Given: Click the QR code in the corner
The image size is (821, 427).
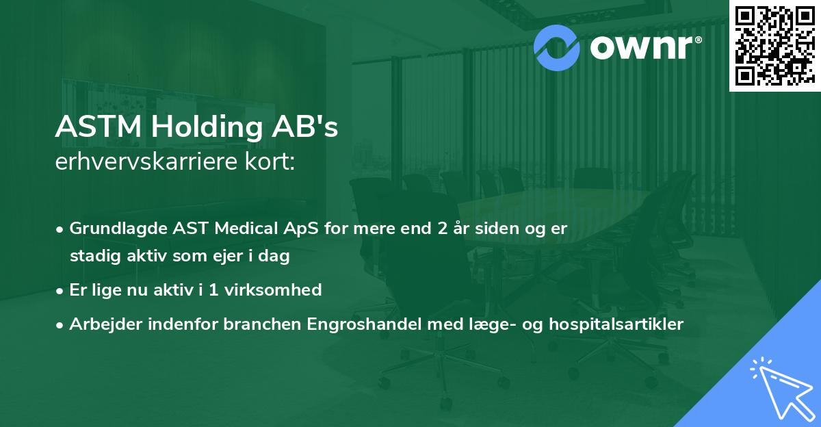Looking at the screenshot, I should (774, 46).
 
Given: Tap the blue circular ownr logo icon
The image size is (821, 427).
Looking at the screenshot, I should (556, 47).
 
